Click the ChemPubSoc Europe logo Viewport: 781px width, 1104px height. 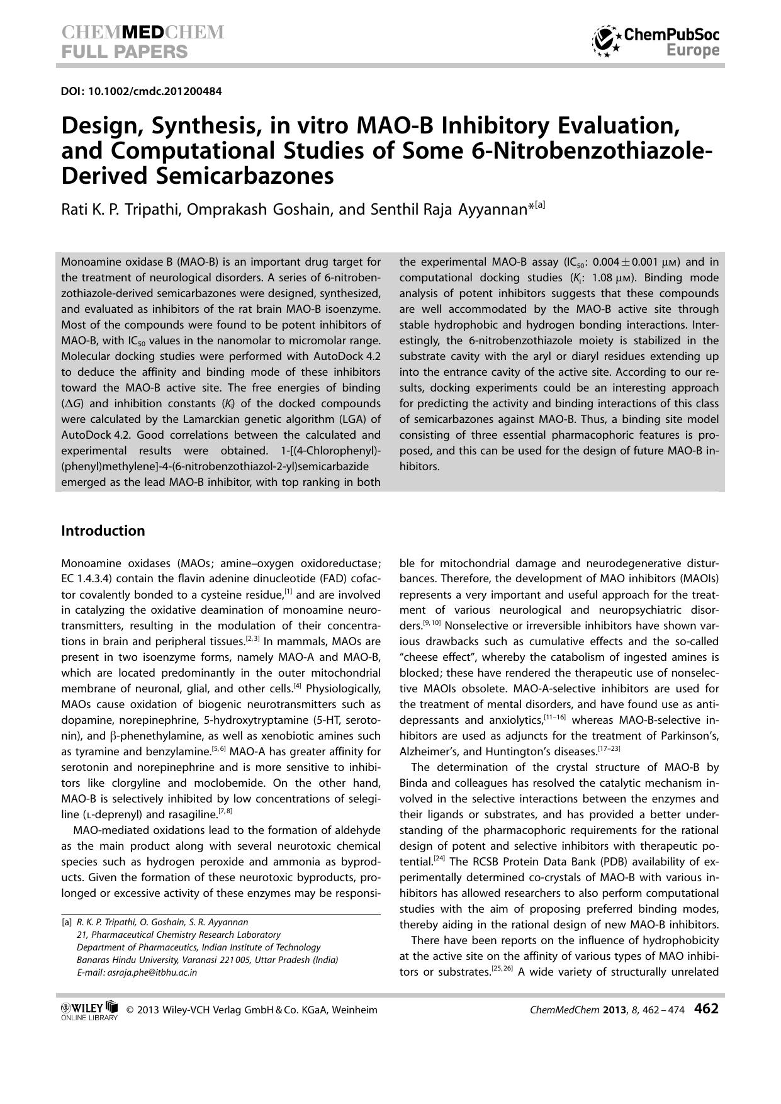click(x=656, y=42)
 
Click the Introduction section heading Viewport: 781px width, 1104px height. click(x=103, y=531)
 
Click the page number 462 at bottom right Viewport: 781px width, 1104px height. click(x=706, y=1009)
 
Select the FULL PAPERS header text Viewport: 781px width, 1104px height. click(x=125, y=52)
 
